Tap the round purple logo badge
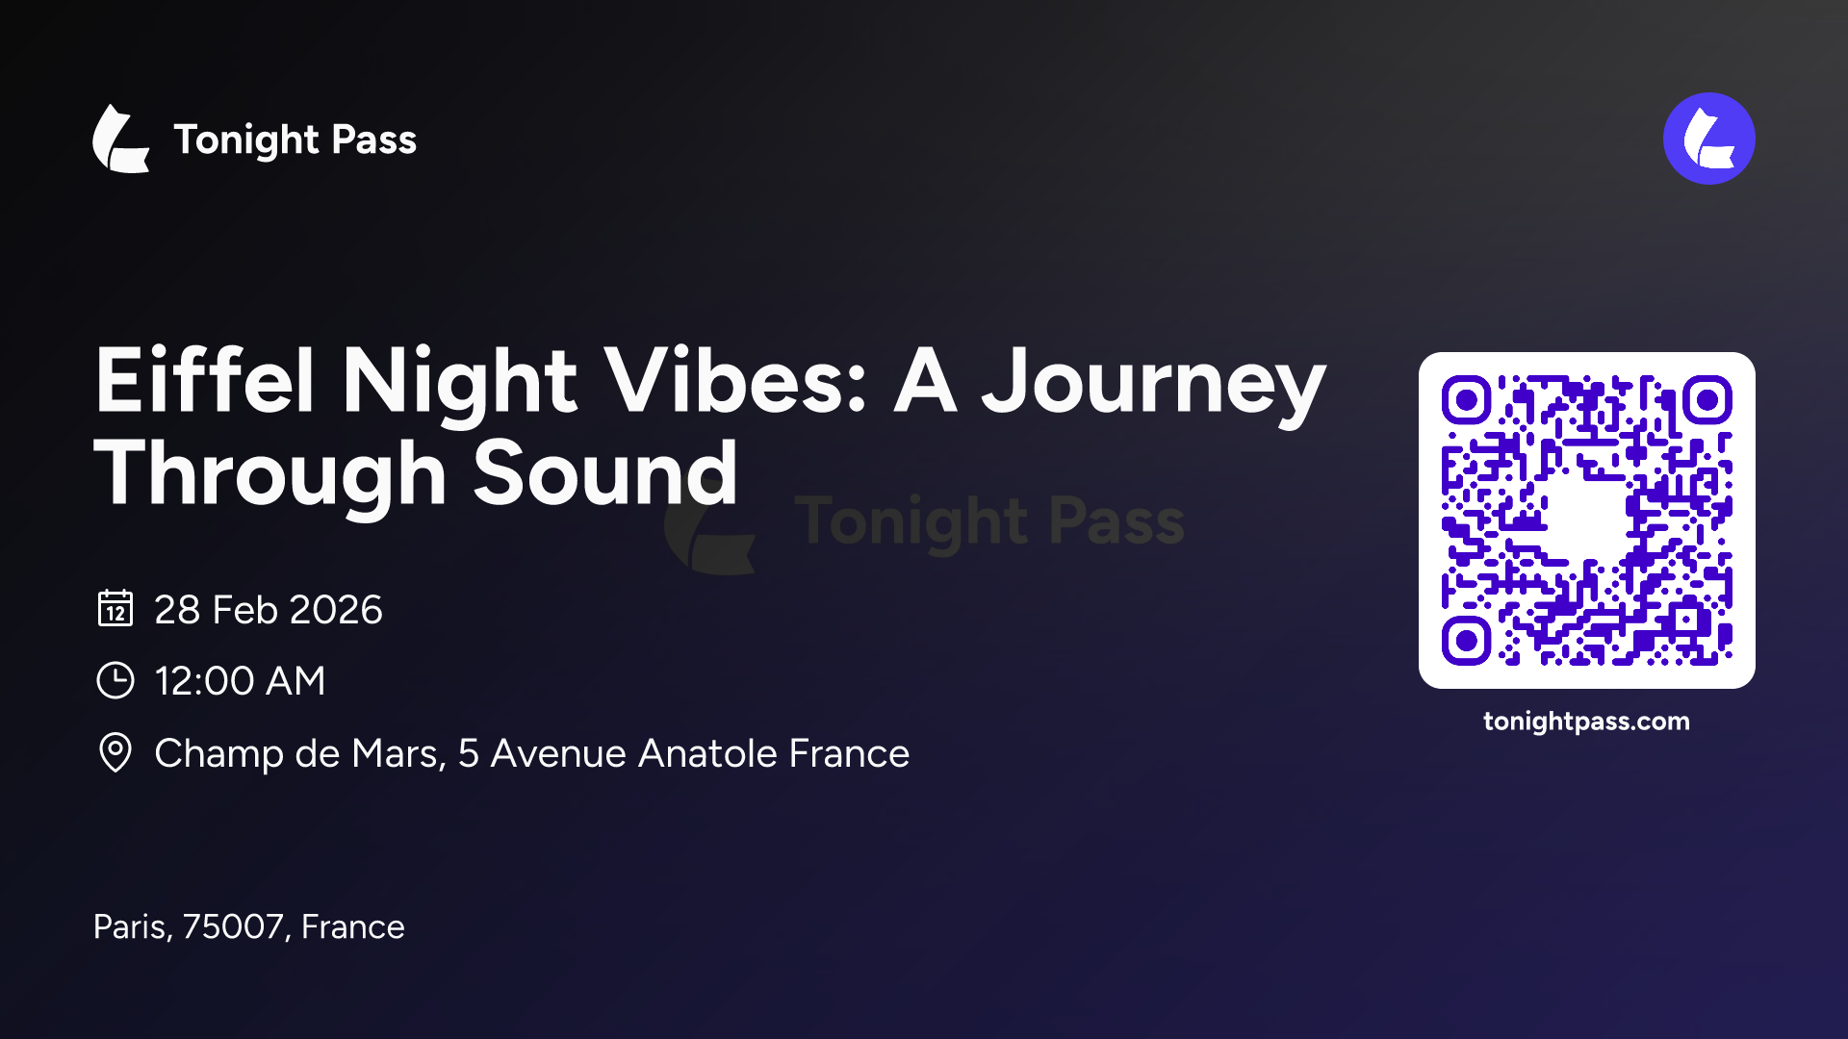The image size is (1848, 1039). (x=1708, y=139)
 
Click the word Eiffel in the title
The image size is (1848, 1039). (x=204, y=381)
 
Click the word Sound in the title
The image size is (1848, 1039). (x=605, y=473)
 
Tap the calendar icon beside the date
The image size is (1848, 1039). (x=115, y=608)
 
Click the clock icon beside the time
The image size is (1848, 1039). (x=115, y=680)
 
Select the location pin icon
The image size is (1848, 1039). (x=115, y=752)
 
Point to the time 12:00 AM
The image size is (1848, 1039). (x=240, y=681)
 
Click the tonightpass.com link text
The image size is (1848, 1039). (x=1586, y=722)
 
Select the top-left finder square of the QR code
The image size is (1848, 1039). (x=1467, y=400)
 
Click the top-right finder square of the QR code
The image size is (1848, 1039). (x=1707, y=400)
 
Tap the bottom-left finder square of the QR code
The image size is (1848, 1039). (x=1467, y=641)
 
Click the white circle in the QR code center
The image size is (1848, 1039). (x=1586, y=519)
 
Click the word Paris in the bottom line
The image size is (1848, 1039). (x=133, y=927)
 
